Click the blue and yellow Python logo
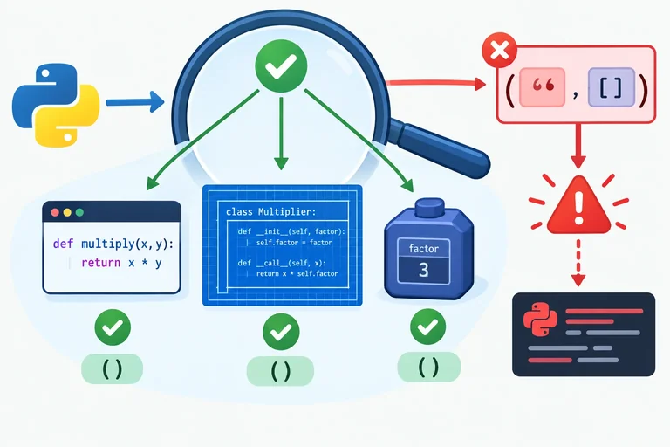(56, 106)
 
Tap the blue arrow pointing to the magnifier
(135, 102)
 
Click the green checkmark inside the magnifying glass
(281, 65)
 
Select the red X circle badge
(500, 50)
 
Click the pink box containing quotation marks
(543, 86)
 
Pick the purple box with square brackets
(611, 86)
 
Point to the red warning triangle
(578, 205)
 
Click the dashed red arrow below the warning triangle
(578, 263)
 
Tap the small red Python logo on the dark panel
(540, 320)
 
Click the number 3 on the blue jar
(423, 271)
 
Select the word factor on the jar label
(423, 249)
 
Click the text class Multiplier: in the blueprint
(271, 212)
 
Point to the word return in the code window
(101, 262)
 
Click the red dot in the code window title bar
(55, 212)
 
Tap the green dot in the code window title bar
(79, 212)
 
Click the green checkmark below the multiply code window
(113, 327)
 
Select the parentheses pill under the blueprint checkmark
(280, 371)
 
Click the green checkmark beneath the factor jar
(427, 327)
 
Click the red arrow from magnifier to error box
(436, 83)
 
